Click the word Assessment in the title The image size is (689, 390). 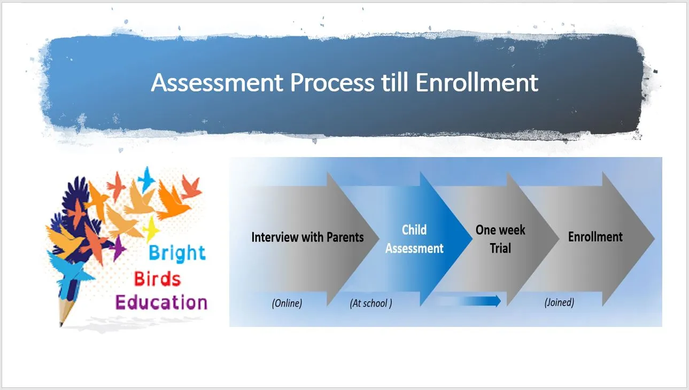point(217,82)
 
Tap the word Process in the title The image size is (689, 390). point(332,82)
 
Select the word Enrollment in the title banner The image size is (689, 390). point(477,82)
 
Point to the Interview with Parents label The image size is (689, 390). point(307,237)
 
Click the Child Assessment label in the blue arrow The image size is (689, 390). point(414,239)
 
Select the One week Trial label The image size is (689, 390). point(500,239)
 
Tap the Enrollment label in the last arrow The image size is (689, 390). point(595,237)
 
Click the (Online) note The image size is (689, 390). point(287,303)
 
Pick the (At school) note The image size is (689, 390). point(371,303)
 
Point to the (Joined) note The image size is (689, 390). point(559,302)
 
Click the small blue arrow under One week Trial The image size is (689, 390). point(469,301)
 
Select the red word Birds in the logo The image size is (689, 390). point(157,279)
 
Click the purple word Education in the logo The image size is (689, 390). point(161,302)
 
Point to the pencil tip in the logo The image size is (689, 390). point(61,324)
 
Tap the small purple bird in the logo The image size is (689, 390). point(118,248)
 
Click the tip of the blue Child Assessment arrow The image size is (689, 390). point(472,238)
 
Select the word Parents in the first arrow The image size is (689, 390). point(345,237)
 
